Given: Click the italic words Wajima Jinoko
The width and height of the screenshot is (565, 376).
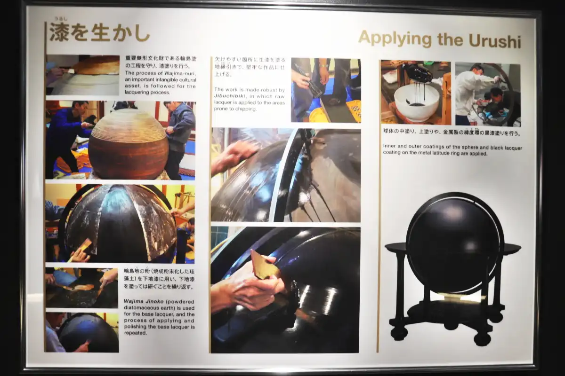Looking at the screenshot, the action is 144,301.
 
